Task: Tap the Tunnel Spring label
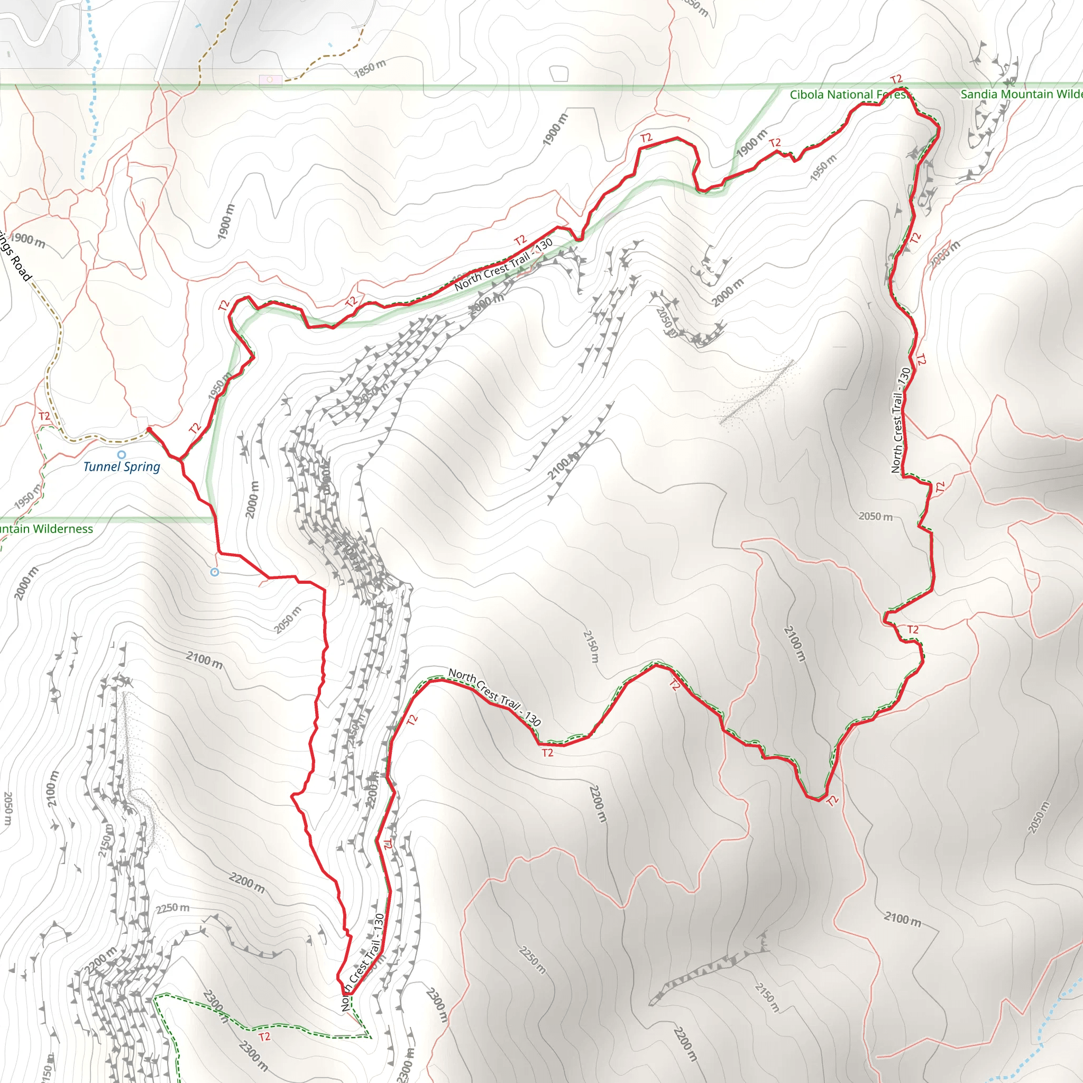(x=122, y=466)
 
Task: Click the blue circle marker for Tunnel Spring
(x=122, y=455)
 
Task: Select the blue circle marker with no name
(x=215, y=572)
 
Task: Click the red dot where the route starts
(x=149, y=429)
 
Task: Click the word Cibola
(x=806, y=95)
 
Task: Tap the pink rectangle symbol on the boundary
(x=270, y=80)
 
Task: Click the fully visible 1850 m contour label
(x=370, y=68)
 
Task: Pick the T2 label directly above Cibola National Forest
(x=896, y=79)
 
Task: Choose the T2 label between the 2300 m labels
(x=264, y=1037)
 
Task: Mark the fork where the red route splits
(x=180, y=459)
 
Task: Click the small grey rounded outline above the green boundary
(x=559, y=74)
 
